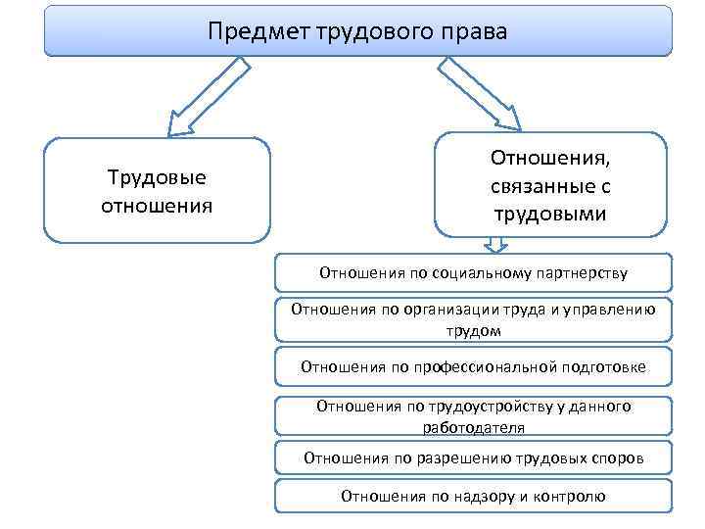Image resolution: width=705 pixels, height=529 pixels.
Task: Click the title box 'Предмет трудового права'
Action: pyautogui.click(x=358, y=32)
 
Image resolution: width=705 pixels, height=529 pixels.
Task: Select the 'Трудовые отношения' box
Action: pyautogui.click(x=157, y=190)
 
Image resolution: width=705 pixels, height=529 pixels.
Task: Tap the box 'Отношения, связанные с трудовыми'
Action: pyautogui.click(x=549, y=184)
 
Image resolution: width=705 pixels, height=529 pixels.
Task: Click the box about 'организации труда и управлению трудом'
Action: pyautogui.click(x=473, y=319)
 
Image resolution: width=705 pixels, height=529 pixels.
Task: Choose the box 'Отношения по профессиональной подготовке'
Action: pyautogui.click(x=473, y=367)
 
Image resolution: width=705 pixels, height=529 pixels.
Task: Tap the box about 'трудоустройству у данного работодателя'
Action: pyautogui.click(x=473, y=415)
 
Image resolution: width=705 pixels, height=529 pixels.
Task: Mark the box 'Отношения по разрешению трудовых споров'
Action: pyautogui.click(x=473, y=457)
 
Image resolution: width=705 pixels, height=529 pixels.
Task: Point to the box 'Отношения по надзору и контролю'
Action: pyautogui.click(x=473, y=496)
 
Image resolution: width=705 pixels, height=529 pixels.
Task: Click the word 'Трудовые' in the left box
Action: pyautogui.click(x=157, y=177)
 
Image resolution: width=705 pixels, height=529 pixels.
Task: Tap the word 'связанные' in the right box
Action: pyautogui.click(x=549, y=184)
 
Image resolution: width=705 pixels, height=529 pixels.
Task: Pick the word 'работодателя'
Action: pyautogui.click(x=473, y=427)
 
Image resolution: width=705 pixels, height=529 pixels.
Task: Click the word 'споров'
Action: pyautogui.click(x=619, y=457)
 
